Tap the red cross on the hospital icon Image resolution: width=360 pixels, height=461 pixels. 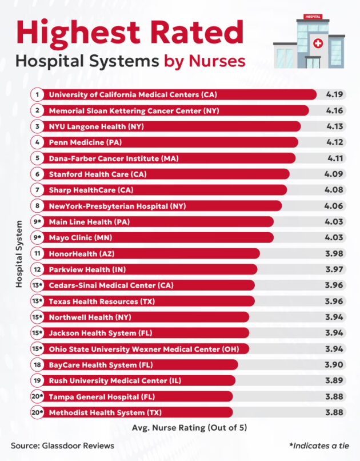(318, 43)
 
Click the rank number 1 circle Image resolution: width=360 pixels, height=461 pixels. (37, 94)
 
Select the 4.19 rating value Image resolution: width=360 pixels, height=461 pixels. (334, 94)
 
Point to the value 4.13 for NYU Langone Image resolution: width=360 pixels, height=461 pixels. (334, 126)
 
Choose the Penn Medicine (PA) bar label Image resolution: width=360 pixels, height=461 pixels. (89, 142)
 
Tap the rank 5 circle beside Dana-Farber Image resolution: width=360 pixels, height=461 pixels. (37, 158)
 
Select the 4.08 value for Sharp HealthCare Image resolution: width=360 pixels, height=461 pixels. (334, 189)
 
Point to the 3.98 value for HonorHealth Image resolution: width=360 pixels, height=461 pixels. (334, 253)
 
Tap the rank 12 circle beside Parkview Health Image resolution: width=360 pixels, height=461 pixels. (37, 269)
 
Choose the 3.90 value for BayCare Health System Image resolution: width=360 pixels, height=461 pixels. (334, 364)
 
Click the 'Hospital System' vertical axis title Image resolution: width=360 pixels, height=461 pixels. (18, 253)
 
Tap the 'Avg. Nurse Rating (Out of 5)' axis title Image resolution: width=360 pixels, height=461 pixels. (189, 428)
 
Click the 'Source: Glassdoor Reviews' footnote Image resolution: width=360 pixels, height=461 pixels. (62, 445)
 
